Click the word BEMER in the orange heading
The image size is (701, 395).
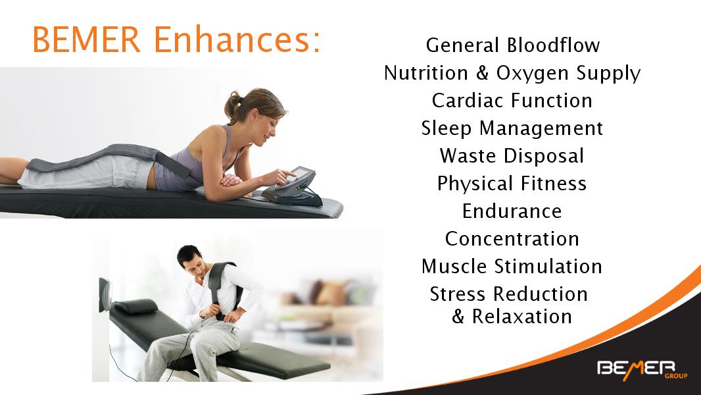click(x=87, y=39)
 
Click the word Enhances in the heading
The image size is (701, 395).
click(x=237, y=39)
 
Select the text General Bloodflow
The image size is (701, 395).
click(x=513, y=45)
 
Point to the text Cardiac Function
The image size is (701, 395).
click(x=512, y=101)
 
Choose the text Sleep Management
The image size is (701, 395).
click(x=512, y=129)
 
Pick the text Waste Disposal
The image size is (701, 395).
click(x=512, y=156)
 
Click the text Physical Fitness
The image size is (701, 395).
click(x=512, y=184)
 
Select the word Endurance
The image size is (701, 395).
click(x=512, y=211)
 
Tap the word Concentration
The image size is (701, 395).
click(x=512, y=239)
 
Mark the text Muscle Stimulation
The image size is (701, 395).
click(x=512, y=267)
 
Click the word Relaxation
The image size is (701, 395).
click(x=521, y=317)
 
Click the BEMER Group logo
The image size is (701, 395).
click(x=642, y=370)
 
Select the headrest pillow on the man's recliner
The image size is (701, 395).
click(x=136, y=306)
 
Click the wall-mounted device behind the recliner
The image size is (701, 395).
click(x=105, y=294)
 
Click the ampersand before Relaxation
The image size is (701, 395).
click(x=458, y=317)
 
